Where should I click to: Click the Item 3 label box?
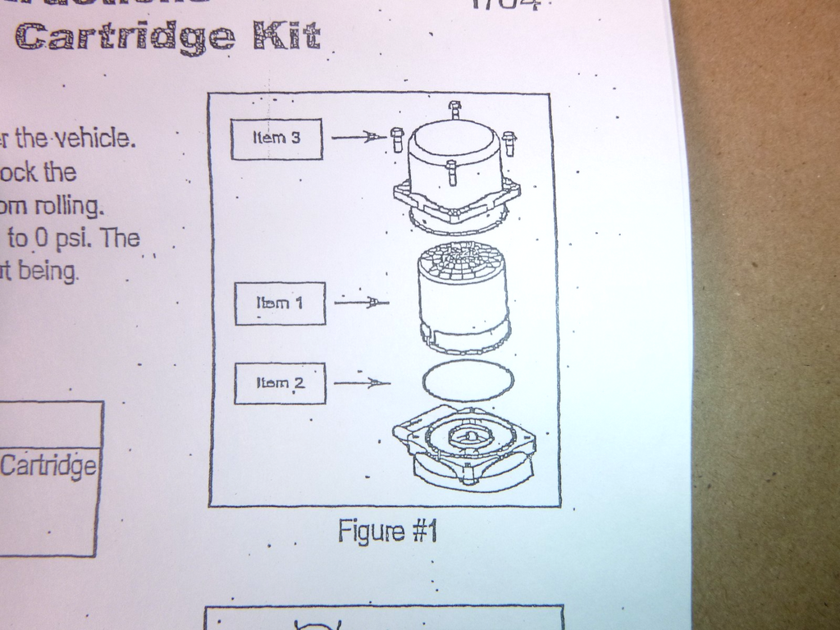tap(276, 139)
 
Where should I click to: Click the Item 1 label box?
tap(280, 303)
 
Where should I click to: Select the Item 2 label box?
tap(280, 383)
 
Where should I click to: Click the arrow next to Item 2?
tap(362, 382)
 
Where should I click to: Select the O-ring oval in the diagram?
tap(468, 380)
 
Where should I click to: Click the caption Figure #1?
tap(387, 532)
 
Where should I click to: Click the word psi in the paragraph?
tap(77, 240)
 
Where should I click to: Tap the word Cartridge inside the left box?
tap(48, 467)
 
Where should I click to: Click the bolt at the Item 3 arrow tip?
tap(398, 139)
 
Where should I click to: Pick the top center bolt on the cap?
tap(455, 110)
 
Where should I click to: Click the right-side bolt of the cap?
tap(509, 143)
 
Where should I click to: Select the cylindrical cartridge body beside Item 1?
tap(463, 295)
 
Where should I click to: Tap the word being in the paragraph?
tap(48, 270)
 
